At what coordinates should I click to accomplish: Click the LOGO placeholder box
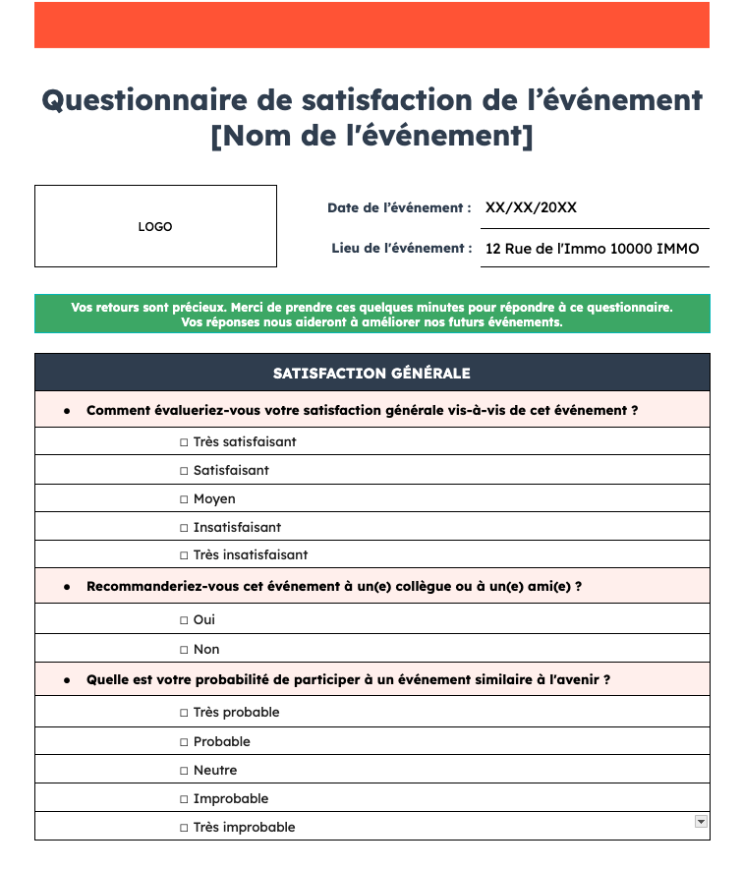155,226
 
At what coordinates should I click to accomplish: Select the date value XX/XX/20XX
532,207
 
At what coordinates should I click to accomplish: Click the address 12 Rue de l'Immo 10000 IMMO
593,249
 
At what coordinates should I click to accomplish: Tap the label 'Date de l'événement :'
399,208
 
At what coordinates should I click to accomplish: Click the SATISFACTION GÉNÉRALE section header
371,374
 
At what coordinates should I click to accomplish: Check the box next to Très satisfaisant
184,442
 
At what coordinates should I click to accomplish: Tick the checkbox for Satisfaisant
184,471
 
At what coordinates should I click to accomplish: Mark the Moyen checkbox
184,499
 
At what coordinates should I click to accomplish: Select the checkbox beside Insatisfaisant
184,528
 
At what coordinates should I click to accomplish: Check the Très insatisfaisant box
184,555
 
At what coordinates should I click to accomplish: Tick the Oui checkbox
184,620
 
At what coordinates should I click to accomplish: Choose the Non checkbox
184,650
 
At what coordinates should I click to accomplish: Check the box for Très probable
184,713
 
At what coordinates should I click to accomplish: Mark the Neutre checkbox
184,771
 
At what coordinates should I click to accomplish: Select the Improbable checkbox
184,799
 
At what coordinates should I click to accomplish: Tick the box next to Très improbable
184,828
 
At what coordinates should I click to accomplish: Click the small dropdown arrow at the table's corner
701,821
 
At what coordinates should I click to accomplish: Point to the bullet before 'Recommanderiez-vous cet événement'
67,587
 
